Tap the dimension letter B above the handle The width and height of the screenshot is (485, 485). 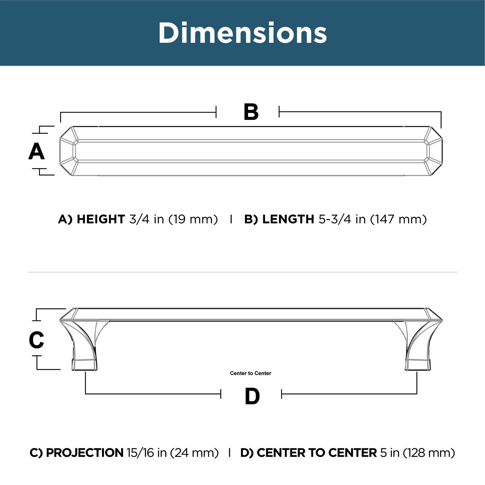[251, 112]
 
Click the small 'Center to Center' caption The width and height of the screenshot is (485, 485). [250, 373]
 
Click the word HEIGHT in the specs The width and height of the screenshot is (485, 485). [101, 219]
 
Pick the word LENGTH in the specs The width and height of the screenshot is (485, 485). [288, 219]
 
